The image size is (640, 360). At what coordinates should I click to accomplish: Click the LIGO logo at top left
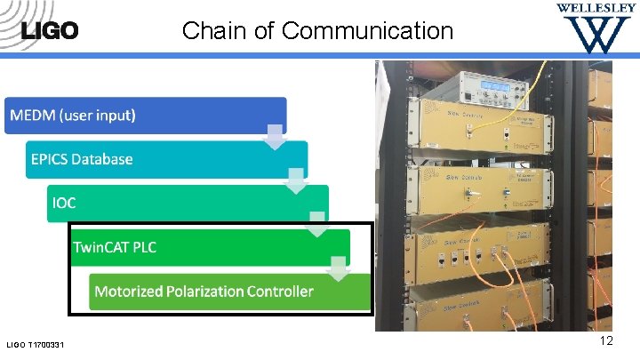[49, 30]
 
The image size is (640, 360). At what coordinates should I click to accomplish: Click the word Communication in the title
[367, 31]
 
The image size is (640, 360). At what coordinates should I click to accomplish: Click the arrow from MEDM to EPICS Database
[276, 137]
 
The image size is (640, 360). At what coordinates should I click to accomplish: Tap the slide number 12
[606, 342]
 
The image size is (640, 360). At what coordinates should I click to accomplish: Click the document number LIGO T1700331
[40, 345]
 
